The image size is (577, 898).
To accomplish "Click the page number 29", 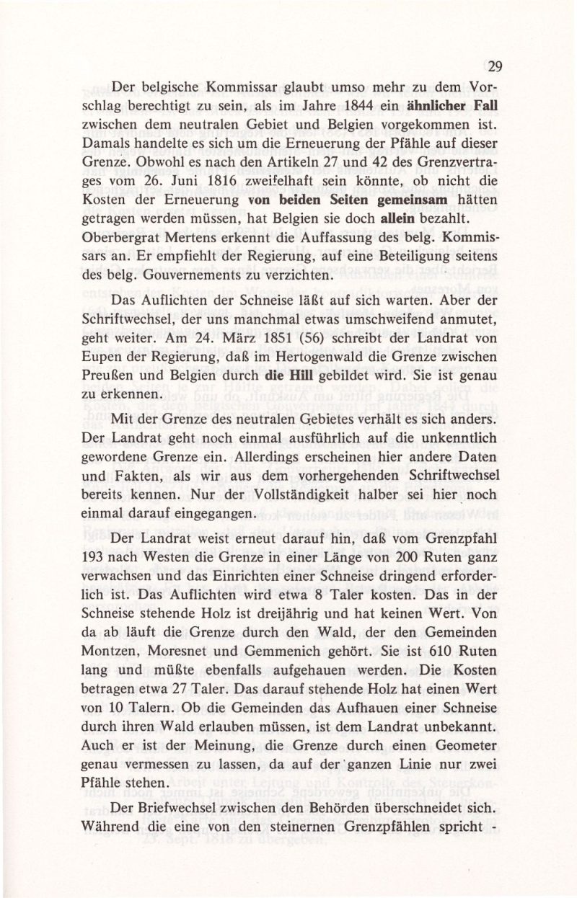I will pyautogui.click(x=494, y=67).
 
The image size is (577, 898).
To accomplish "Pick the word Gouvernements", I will pyautogui.click(x=181, y=273).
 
